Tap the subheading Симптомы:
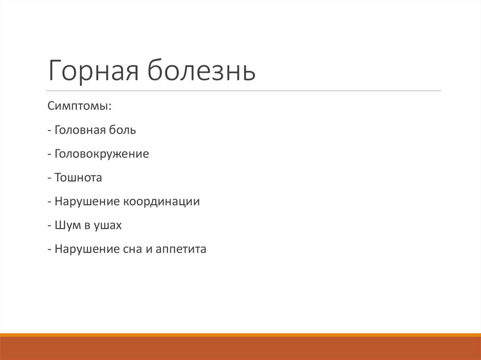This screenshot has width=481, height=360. pos(79,106)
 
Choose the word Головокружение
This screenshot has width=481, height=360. pos(101,154)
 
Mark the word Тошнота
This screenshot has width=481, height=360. pos(78,178)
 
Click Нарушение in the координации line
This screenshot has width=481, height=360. pos(87,202)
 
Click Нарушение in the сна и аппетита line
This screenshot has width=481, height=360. pos(87,249)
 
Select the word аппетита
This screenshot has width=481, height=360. pos(181,250)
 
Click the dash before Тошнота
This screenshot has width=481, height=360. pos(49,178)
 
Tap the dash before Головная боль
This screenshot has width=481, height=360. pos(49,130)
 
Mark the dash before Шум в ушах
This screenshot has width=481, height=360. pos(49,226)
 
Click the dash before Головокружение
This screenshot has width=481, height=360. pos(49,154)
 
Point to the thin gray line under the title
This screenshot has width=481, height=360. pos(244,91)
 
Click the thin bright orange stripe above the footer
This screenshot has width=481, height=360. pos(240,335)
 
